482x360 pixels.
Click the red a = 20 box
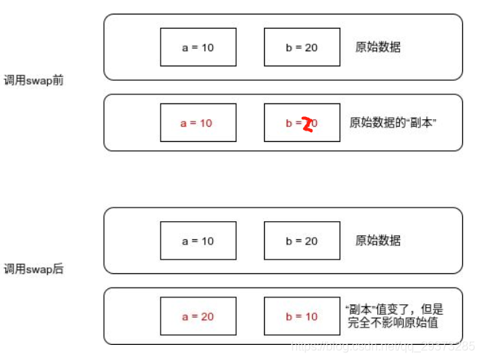(x=198, y=316)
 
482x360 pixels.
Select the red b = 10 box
(x=302, y=316)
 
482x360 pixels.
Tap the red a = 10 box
(x=198, y=122)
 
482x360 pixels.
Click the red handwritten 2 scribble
(x=307, y=125)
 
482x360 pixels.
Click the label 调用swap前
(x=33, y=80)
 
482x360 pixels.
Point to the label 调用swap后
(x=33, y=269)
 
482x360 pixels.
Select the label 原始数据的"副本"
(x=393, y=122)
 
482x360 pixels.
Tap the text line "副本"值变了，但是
(x=394, y=309)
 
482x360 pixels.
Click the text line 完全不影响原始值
(x=394, y=323)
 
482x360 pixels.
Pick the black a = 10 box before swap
(x=198, y=47)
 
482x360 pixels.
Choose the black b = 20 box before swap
(x=302, y=47)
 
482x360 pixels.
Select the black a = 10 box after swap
(x=198, y=241)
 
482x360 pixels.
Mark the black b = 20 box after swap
(x=302, y=241)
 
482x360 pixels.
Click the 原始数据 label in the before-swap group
(x=378, y=47)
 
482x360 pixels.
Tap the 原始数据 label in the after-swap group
(x=378, y=241)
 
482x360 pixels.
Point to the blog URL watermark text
(x=383, y=346)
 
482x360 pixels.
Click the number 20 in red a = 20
(x=207, y=316)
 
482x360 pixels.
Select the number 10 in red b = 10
(x=311, y=316)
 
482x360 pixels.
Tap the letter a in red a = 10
(x=184, y=122)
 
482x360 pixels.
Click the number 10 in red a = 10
(x=207, y=122)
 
